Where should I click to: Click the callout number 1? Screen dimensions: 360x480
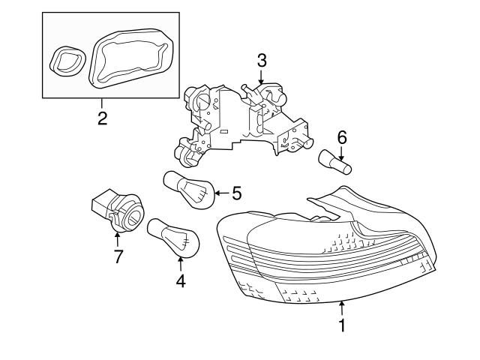(x=342, y=326)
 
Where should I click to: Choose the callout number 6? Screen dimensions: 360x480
(x=342, y=137)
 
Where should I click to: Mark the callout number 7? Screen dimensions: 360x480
(x=118, y=257)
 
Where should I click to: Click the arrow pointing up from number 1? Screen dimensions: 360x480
(x=342, y=308)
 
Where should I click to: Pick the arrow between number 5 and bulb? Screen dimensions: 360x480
(x=220, y=193)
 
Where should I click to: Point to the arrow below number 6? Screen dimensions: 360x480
(x=342, y=154)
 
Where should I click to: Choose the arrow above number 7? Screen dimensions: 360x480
(x=118, y=239)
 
